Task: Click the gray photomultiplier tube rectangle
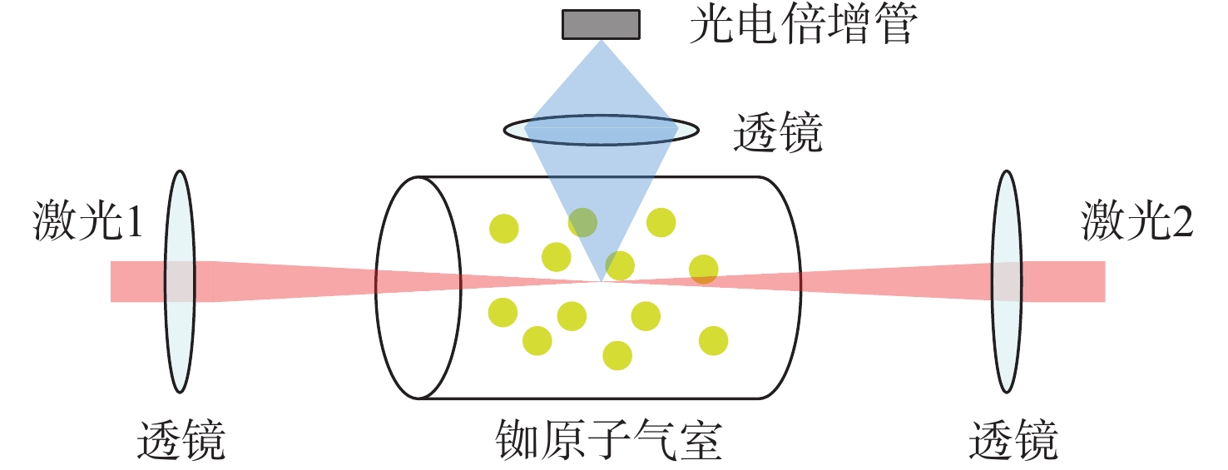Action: [602, 24]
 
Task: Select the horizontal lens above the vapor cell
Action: [600, 129]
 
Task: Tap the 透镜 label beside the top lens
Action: [777, 132]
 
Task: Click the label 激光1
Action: [88, 222]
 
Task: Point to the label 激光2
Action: [1137, 222]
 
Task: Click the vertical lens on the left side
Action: [179, 281]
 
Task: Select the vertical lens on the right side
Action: [1006, 281]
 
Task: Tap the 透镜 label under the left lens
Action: [181, 439]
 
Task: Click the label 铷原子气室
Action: [607, 439]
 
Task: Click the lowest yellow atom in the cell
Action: [616, 355]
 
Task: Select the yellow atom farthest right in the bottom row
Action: [713, 340]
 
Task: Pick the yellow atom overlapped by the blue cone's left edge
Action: [582, 222]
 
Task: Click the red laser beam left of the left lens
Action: [137, 281]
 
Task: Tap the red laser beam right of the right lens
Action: [1065, 281]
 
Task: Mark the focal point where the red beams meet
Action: [601, 281]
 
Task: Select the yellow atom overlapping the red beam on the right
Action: [704, 270]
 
